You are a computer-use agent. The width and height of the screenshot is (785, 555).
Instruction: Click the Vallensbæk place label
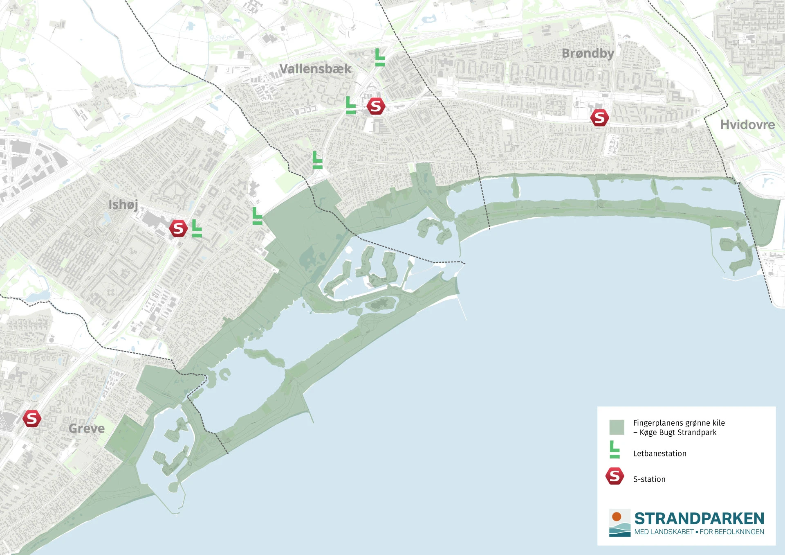pyautogui.click(x=315, y=69)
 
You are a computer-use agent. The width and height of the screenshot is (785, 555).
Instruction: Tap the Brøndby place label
pyautogui.click(x=588, y=53)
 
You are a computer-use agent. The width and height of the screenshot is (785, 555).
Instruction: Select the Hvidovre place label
pyautogui.click(x=747, y=124)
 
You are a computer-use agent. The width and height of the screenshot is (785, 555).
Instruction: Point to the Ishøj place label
pyautogui.click(x=123, y=204)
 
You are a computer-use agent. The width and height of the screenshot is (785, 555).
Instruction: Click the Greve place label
pyautogui.click(x=87, y=429)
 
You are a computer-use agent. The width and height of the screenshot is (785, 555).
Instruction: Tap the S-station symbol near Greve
pyautogui.click(x=31, y=419)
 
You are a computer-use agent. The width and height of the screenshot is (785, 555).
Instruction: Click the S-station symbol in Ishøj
pyautogui.click(x=178, y=228)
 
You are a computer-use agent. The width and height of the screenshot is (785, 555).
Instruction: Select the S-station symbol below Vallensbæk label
pyautogui.click(x=375, y=106)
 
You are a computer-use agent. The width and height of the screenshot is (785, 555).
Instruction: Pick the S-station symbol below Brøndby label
pyautogui.click(x=599, y=118)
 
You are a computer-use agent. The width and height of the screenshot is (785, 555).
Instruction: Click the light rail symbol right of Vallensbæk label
pyautogui.click(x=380, y=57)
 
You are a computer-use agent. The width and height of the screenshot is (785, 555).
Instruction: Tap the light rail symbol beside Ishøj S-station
pyautogui.click(x=197, y=228)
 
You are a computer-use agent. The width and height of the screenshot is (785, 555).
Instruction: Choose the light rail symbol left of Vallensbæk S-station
pyautogui.click(x=350, y=105)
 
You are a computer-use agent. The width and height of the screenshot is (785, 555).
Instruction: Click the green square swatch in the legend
pyautogui.click(x=617, y=427)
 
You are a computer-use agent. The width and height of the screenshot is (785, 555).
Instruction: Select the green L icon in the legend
pyautogui.click(x=614, y=449)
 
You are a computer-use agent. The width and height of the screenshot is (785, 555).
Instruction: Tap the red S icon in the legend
pyautogui.click(x=615, y=476)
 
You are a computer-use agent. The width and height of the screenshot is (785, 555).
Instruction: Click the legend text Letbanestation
pyautogui.click(x=659, y=453)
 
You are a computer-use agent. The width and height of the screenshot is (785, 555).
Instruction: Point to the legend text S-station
pyautogui.click(x=649, y=479)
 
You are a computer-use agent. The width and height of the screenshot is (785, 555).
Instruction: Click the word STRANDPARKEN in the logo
pyautogui.click(x=699, y=519)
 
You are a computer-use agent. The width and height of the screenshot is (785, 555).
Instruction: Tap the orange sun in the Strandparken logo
pyautogui.click(x=617, y=517)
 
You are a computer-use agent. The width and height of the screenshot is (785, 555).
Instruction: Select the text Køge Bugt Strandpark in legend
pyautogui.click(x=678, y=433)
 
